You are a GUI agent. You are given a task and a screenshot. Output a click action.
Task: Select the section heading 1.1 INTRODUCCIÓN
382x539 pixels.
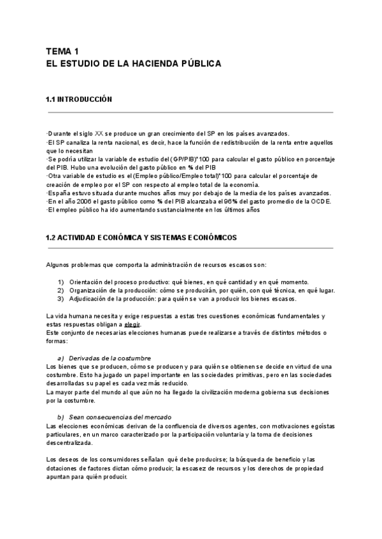79,100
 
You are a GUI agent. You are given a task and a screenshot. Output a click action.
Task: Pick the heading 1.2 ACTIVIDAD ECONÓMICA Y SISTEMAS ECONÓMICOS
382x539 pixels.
141,237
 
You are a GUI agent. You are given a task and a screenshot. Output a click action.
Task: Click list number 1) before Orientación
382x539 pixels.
61,282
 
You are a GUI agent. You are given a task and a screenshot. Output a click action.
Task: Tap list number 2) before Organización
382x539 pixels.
61,290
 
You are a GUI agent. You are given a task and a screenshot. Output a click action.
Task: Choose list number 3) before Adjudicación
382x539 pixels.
61,298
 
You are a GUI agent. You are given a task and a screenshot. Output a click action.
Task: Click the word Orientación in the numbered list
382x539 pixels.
88,282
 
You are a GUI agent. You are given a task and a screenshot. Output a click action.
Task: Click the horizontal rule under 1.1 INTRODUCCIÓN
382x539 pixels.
190,113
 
